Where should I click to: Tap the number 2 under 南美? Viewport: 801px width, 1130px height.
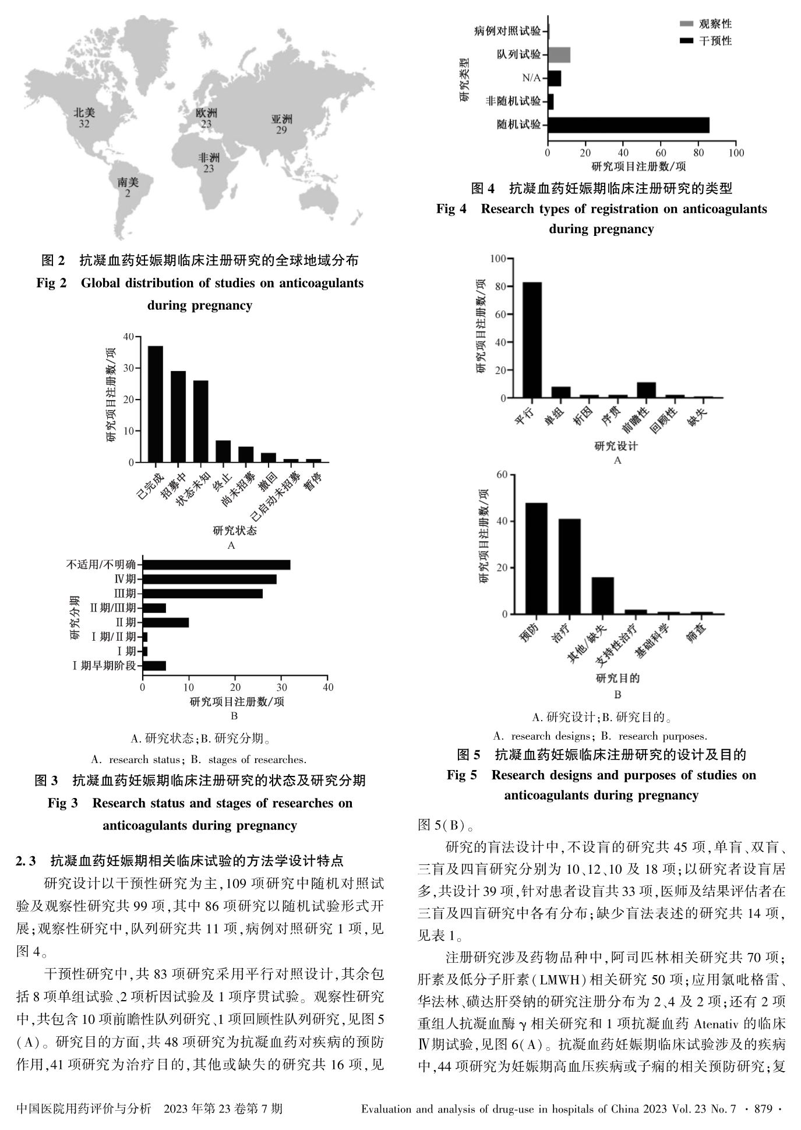128,193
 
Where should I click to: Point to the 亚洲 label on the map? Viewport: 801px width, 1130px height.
281,119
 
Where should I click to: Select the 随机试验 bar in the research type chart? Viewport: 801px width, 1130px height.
629,125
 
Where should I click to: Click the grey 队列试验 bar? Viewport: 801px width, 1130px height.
559,55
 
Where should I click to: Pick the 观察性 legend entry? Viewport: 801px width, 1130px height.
705,24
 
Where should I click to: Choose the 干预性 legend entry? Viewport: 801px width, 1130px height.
705,41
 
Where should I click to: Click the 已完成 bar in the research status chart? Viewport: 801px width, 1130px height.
155,404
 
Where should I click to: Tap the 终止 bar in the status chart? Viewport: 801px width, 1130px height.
223,451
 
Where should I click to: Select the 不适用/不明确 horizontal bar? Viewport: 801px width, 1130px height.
216,564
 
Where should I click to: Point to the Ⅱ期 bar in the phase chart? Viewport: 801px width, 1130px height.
165,623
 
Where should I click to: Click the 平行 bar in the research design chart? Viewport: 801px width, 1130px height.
532,340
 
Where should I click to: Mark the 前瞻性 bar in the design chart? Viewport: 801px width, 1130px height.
646,390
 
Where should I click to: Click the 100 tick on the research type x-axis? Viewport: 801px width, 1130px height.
736,153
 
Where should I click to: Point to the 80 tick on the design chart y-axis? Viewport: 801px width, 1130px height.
499,287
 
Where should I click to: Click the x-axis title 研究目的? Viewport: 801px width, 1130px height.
617,678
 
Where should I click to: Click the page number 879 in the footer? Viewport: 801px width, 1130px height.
763,1109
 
